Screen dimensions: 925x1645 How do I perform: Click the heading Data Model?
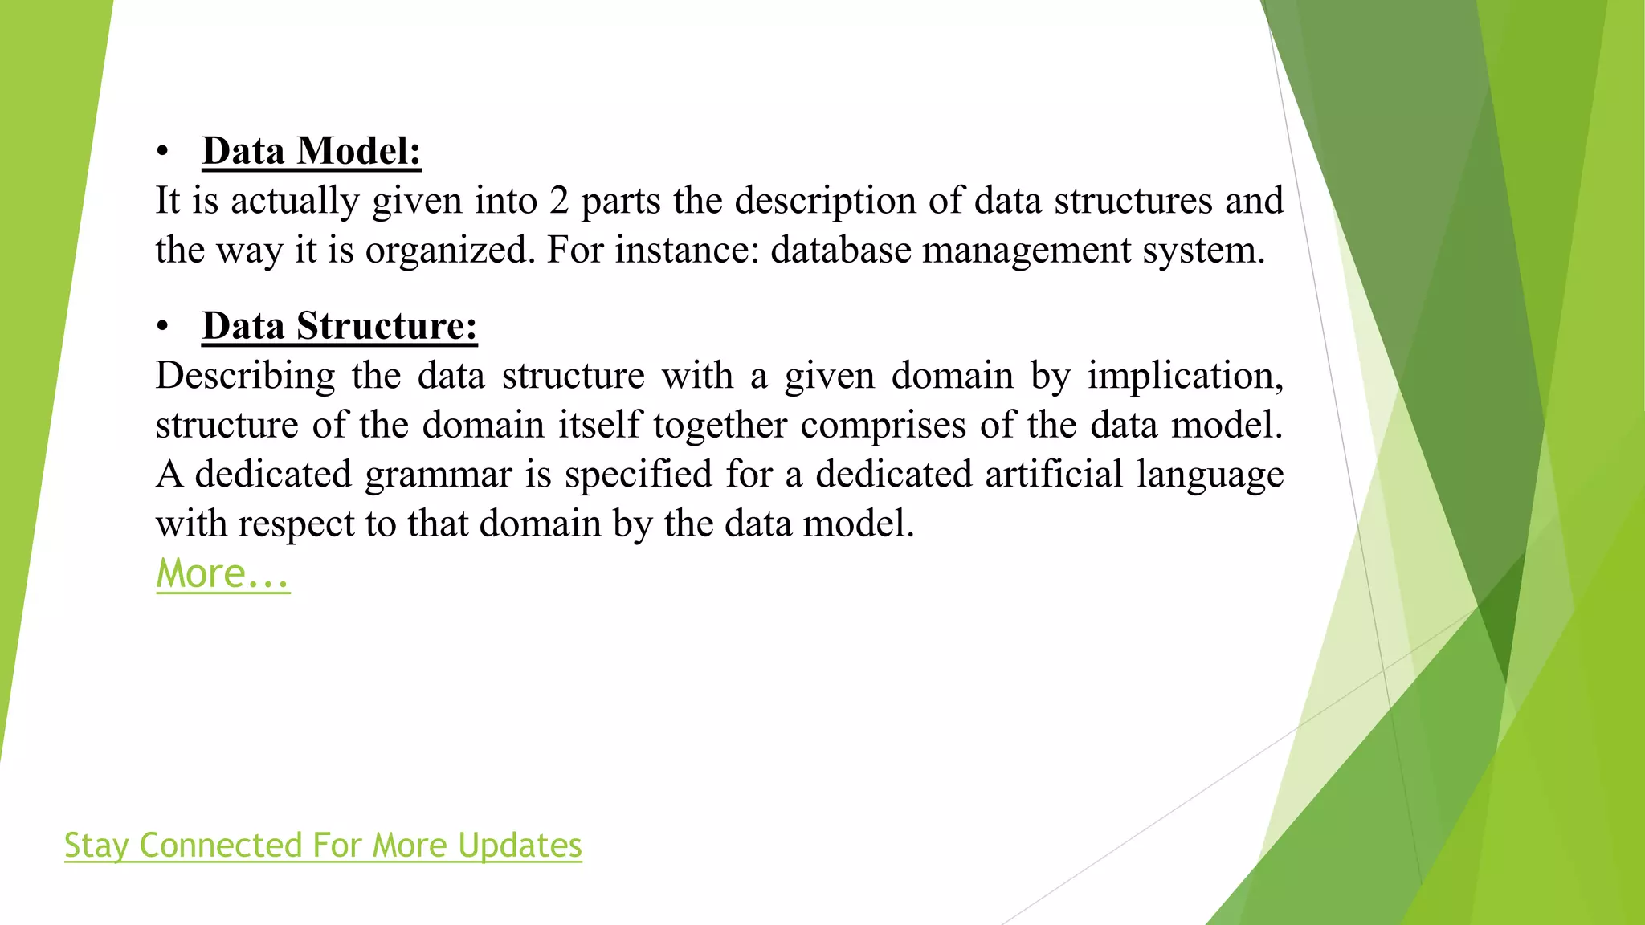pos(312,151)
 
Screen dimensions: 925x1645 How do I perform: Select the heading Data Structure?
pos(340,326)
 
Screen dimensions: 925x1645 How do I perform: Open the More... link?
pos(222,574)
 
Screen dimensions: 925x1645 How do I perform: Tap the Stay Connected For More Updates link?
pos(323,846)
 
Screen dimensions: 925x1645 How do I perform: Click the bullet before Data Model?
pos(163,152)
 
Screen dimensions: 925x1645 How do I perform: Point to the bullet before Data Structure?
pos(163,327)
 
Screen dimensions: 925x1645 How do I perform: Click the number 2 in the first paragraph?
pos(559,201)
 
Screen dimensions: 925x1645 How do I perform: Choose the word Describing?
pos(245,376)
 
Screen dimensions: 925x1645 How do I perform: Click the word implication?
pos(1186,376)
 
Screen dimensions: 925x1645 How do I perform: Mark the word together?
pos(720,425)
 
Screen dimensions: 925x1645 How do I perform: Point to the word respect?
pos(296,524)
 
